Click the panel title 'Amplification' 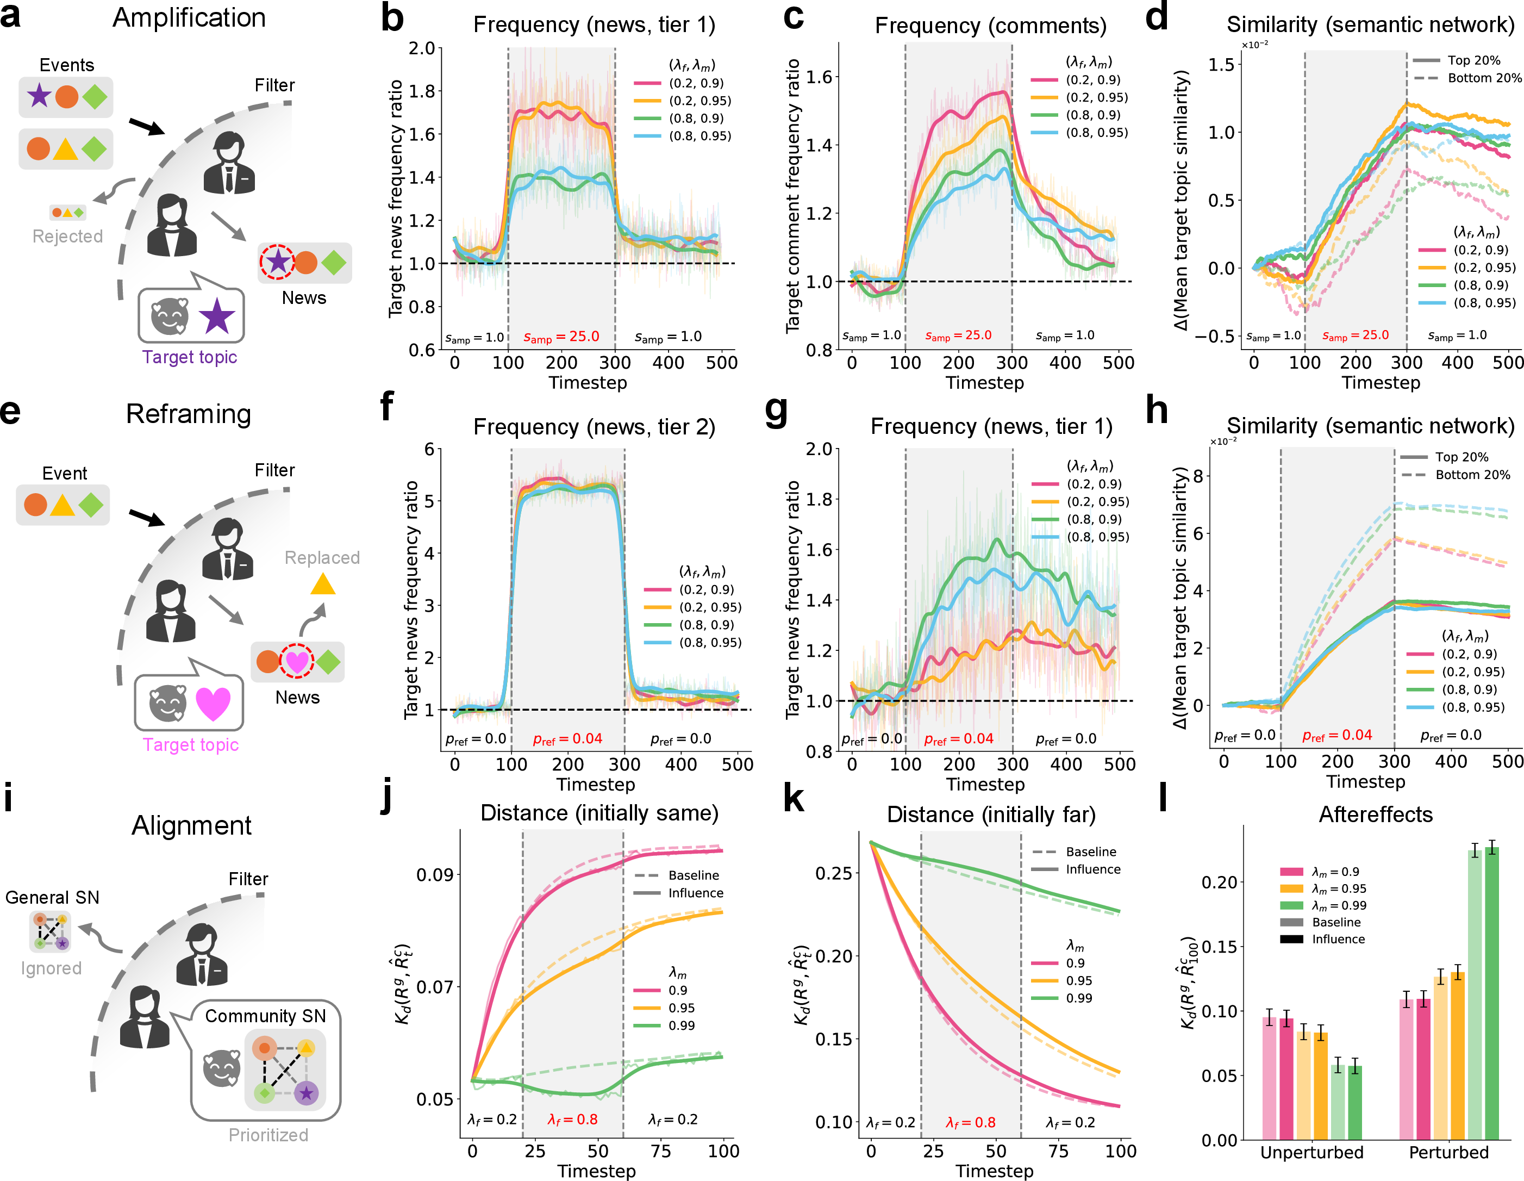pyautogui.click(x=189, y=17)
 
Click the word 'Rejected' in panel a pyautogui.click(x=68, y=237)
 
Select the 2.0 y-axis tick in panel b pyautogui.click(x=421, y=48)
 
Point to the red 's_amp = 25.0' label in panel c pyautogui.click(x=958, y=335)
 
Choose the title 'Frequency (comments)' pyautogui.click(x=991, y=26)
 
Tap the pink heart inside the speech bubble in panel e pyautogui.click(x=213, y=704)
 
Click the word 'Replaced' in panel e pyautogui.click(x=322, y=558)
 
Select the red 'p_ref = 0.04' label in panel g pyautogui.click(x=958, y=739)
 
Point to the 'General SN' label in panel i pyautogui.click(x=52, y=898)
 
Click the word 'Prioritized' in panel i pyautogui.click(x=268, y=1135)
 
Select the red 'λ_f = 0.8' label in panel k pyautogui.click(x=971, y=1122)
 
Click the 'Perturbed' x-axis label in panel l pyautogui.click(x=1448, y=1152)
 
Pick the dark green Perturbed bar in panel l pyautogui.click(x=1492, y=993)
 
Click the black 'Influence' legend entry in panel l pyautogui.click(x=1322, y=940)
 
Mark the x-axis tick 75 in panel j pyautogui.click(x=661, y=1151)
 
